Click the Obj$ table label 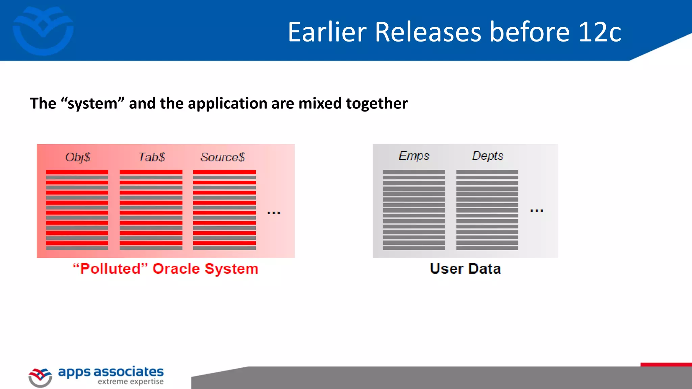pyautogui.click(x=78, y=157)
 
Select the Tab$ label pyautogui.click(x=152, y=157)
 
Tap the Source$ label pyautogui.click(x=223, y=157)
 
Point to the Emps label pyautogui.click(x=414, y=156)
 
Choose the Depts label pyautogui.click(x=488, y=156)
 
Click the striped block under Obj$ pyautogui.click(x=77, y=210)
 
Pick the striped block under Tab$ pyautogui.click(x=151, y=210)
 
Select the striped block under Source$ pyautogui.click(x=224, y=210)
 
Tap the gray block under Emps pyautogui.click(x=414, y=210)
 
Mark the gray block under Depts pyautogui.click(x=487, y=210)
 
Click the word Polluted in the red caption pyautogui.click(x=110, y=269)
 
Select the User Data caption pyautogui.click(x=465, y=269)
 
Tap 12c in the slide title pyautogui.click(x=600, y=32)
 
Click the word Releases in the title pyautogui.click(x=428, y=32)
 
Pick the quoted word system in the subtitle pyautogui.click(x=93, y=103)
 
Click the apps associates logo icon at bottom pyautogui.click(x=40, y=377)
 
